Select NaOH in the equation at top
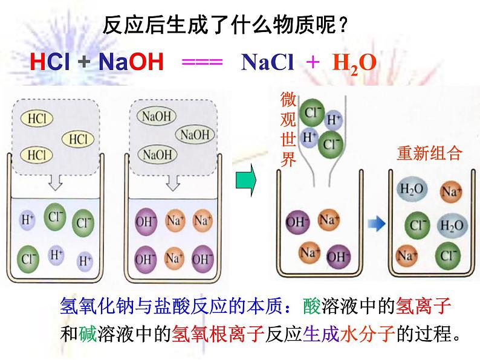(131, 62)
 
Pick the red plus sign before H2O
(313, 62)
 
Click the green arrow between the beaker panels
(244, 182)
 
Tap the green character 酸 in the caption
(313, 308)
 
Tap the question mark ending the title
(343, 25)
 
